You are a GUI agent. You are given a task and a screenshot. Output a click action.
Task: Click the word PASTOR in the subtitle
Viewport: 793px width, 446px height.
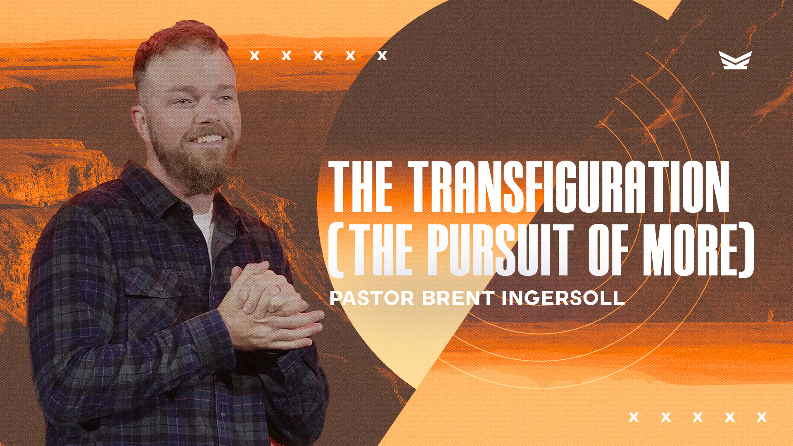[372, 298]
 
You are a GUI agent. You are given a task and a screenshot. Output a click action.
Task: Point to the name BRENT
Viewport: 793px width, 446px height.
[458, 298]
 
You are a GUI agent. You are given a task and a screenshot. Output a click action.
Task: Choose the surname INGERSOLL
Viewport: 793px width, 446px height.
[563, 298]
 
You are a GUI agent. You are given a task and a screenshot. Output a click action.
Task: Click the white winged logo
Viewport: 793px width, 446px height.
[735, 60]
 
